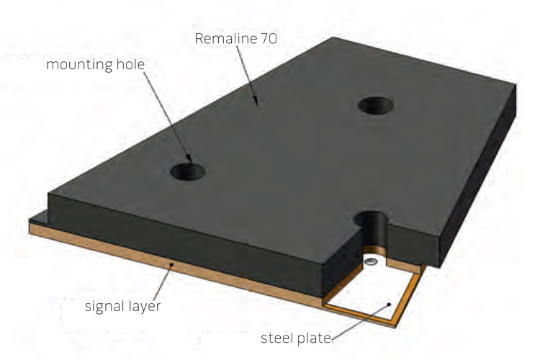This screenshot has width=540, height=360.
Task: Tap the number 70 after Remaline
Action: click(x=269, y=38)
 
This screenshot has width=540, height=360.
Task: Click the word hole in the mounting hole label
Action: click(x=131, y=64)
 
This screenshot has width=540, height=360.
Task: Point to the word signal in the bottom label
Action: click(x=104, y=307)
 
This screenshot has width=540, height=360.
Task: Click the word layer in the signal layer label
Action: click(x=144, y=307)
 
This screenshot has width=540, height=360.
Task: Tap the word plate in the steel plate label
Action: click(x=314, y=338)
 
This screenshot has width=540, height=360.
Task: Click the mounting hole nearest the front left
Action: click(x=188, y=171)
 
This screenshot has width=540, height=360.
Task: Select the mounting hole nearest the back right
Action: click(x=376, y=105)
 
